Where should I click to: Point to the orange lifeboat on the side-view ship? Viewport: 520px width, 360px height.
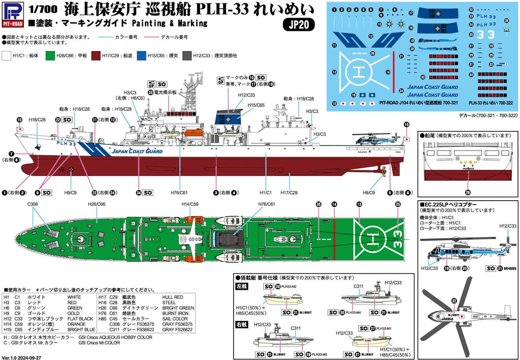pos(194,132)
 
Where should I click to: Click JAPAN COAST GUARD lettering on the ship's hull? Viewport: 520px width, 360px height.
pos(137,151)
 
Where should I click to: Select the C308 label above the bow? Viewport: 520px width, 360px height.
pos(33,205)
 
